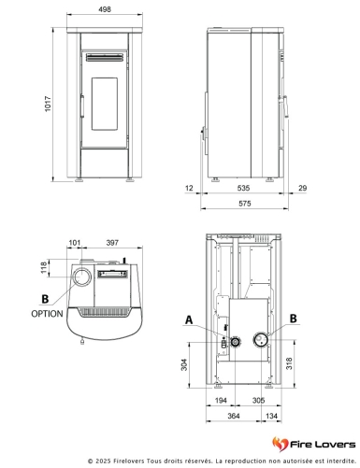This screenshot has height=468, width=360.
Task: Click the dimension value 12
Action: point(191,189)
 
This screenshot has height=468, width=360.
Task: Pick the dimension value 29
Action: point(303,189)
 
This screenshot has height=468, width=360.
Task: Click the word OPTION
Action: point(47,314)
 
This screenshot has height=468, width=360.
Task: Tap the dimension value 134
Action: point(271,415)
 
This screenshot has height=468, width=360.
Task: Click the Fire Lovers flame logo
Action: point(279,441)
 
